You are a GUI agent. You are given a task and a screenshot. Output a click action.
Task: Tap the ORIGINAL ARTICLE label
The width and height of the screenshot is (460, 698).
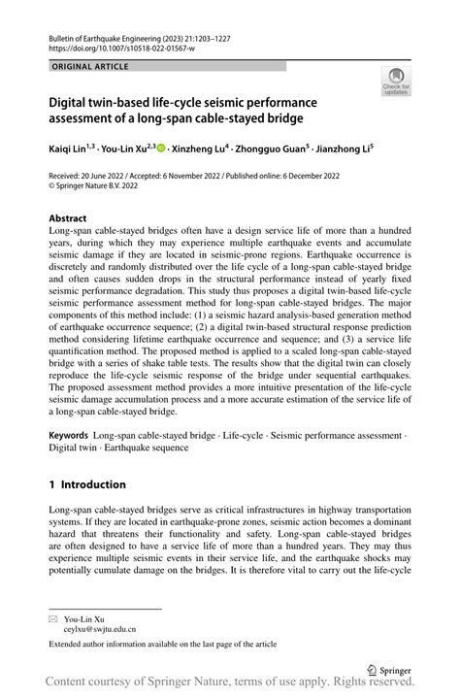[x=86, y=66]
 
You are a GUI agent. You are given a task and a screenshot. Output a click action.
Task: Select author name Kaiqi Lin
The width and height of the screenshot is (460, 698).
[x=73, y=150]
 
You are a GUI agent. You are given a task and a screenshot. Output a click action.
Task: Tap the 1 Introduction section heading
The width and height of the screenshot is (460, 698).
[x=87, y=484]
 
